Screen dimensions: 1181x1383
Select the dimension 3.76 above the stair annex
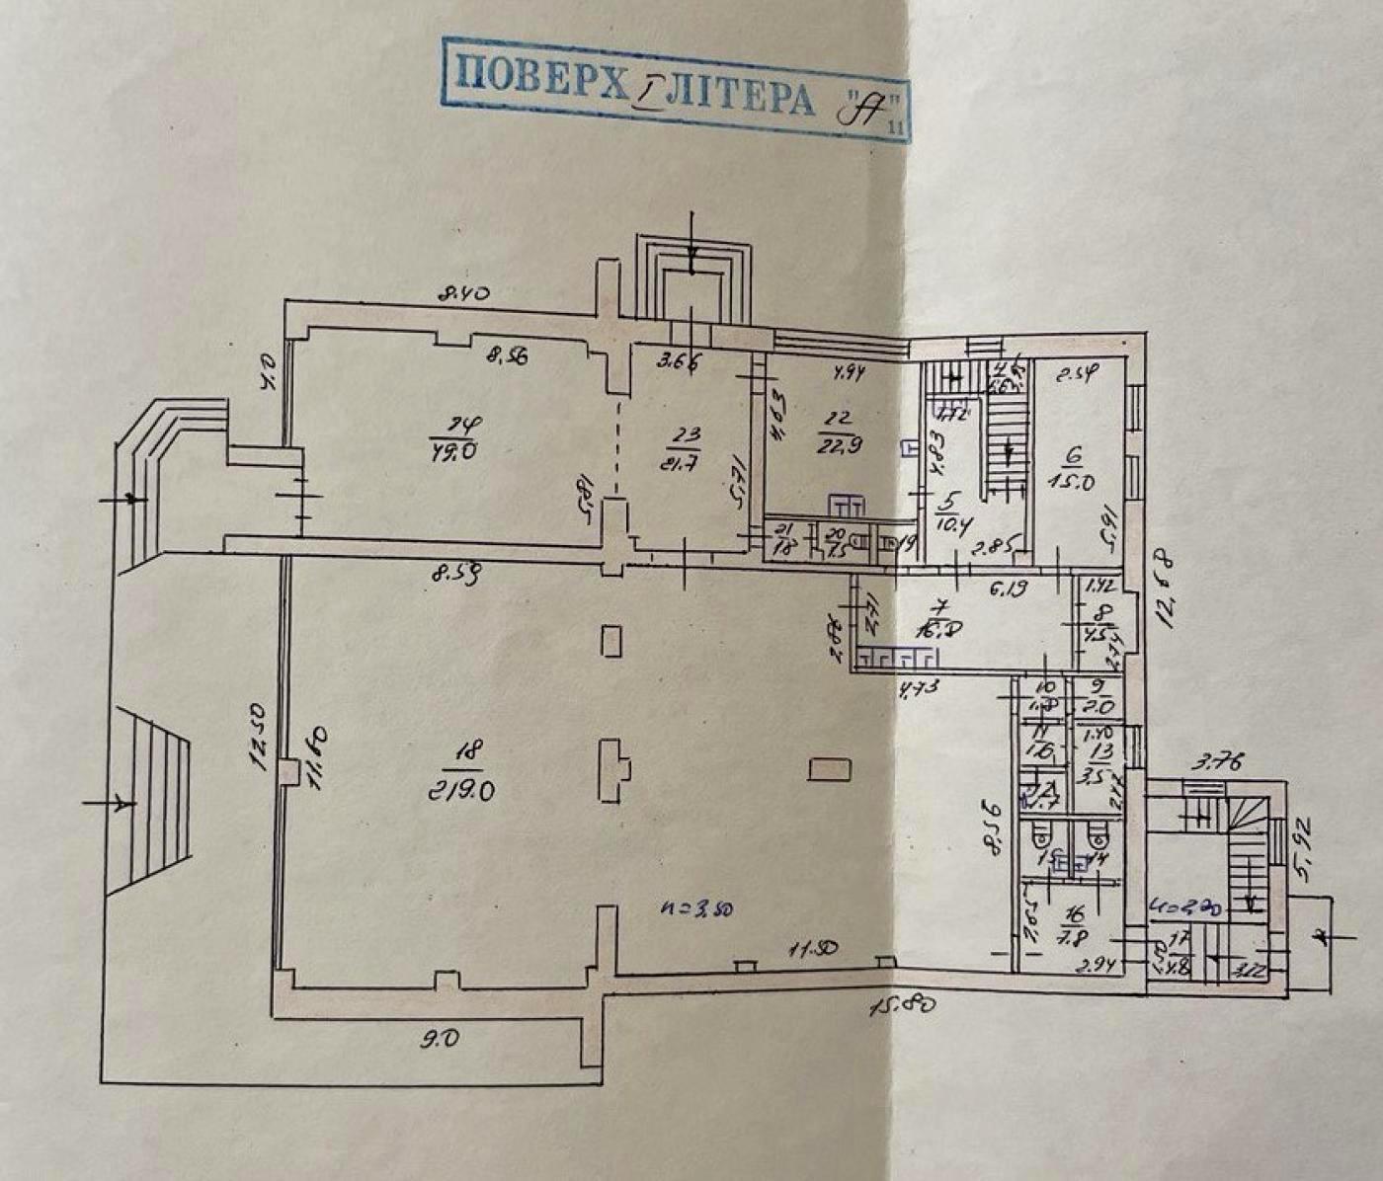coord(1215,761)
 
